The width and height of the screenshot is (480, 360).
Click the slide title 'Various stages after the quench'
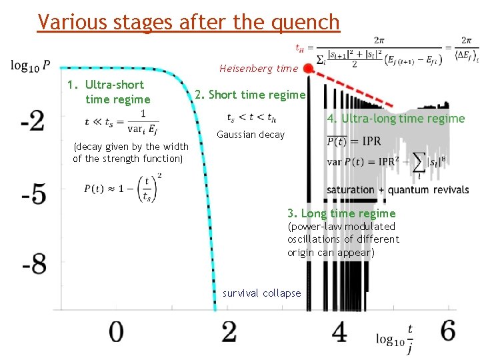(x=189, y=22)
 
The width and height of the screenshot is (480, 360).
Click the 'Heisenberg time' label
(x=259, y=69)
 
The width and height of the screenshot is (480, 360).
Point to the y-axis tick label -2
(x=33, y=121)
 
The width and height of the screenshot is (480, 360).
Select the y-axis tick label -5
(x=33, y=195)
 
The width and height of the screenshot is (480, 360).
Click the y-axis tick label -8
(x=33, y=265)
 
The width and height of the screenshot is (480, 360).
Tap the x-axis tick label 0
(x=116, y=331)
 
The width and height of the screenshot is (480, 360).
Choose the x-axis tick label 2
(x=229, y=331)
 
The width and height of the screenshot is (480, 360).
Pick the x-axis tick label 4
(x=340, y=331)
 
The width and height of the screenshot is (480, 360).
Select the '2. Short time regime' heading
(x=250, y=95)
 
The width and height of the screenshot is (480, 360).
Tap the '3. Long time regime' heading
(x=341, y=213)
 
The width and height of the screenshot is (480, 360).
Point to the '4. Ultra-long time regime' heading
(x=395, y=119)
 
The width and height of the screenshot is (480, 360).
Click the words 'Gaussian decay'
(x=251, y=135)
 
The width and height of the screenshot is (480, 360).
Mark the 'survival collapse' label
(x=261, y=293)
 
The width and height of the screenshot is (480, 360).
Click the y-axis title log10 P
(x=30, y=65)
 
